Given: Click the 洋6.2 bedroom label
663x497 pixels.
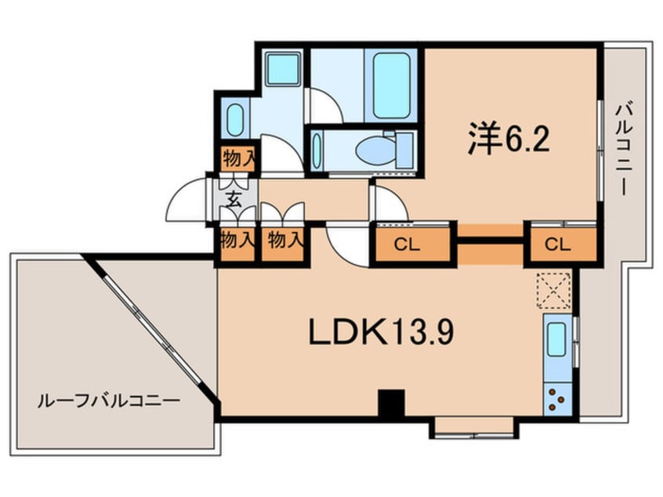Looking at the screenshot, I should click(x=508, y=140).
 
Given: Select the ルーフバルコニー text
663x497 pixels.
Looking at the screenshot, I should click(x=109, y=400).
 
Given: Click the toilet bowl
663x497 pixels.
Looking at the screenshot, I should click(x=370, y=149).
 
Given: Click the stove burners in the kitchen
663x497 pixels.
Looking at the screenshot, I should click(x=558, y=400).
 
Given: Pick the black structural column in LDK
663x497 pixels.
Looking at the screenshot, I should click(x=390, y=403).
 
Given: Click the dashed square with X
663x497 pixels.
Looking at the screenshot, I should click(x=556, y=290).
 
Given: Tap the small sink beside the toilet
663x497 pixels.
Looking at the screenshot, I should click(x=317, y=150).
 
